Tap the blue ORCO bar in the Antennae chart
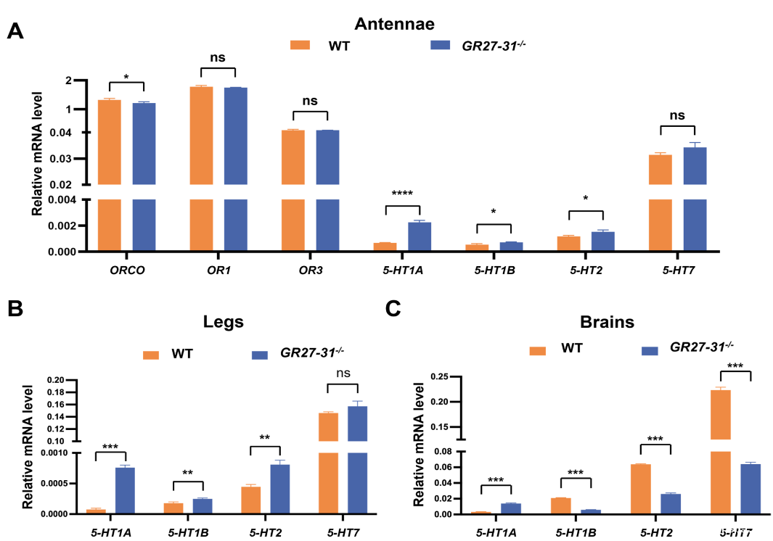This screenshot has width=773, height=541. tap(144, 174)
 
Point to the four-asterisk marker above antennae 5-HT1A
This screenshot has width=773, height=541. tap(401, 194)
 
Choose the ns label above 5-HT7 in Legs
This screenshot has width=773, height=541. tap(344, 373)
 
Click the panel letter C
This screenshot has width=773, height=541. tap(393, 310)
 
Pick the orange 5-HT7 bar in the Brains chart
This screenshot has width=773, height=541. tap(720, 450)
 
